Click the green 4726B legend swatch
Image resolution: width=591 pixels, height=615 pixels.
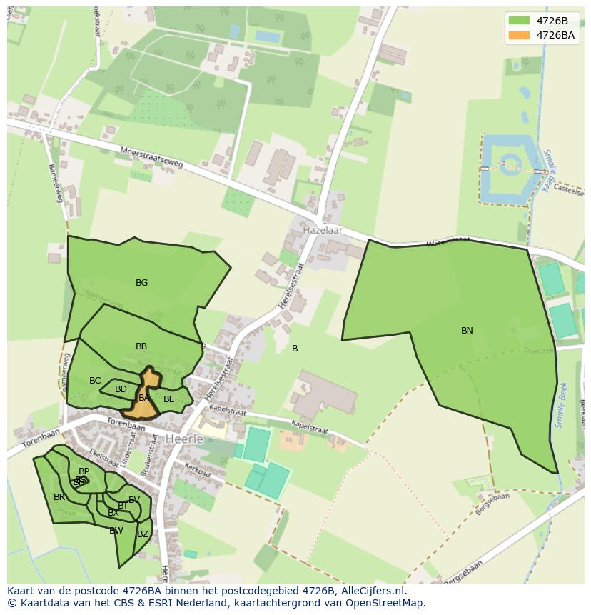(x=519, y=21)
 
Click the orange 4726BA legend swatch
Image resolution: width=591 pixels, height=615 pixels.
(x=519, y=35)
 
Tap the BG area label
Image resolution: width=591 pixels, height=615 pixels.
(x=142, y=283)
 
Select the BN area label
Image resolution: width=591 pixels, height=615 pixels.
(x=467, y=331)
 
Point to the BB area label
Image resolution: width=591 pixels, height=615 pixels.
(x=141, y=346)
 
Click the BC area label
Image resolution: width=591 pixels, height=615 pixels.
(x=95, y=381)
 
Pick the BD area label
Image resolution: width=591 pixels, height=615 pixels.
(x=121, y=389)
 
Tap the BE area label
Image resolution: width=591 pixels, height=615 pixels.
(x=168, y=399)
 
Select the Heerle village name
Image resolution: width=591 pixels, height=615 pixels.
(x=184, y=439)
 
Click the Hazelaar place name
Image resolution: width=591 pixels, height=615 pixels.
(x=323, y=231)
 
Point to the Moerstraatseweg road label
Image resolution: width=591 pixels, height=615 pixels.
(x=152, y=158)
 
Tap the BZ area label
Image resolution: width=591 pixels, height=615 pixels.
(x=143, y=534)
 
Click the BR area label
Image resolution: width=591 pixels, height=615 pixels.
(x=59, y=497)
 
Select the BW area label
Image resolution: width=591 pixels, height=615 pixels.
(x=116, y=531)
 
